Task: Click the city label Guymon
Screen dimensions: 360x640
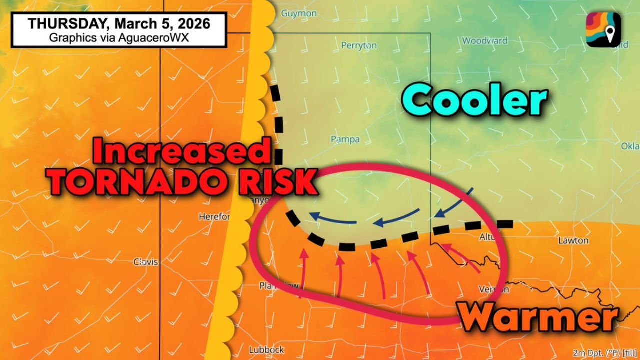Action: (x=299, y=13)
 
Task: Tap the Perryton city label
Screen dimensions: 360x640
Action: (x=359, y=45)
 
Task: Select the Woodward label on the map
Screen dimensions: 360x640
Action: (x=484, y=41)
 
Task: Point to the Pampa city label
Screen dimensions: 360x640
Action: (x=345, y=139)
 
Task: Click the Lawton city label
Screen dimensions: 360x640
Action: (x=573, y=240)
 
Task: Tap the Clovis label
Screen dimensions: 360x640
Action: (x=146, y=262)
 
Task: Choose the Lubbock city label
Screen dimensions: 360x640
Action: (x=266, y=350)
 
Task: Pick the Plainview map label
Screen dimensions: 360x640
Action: (x=279, y=286)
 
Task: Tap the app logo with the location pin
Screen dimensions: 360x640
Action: (x=603, y=30)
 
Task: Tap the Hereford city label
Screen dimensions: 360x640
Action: (x=214, y=217)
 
